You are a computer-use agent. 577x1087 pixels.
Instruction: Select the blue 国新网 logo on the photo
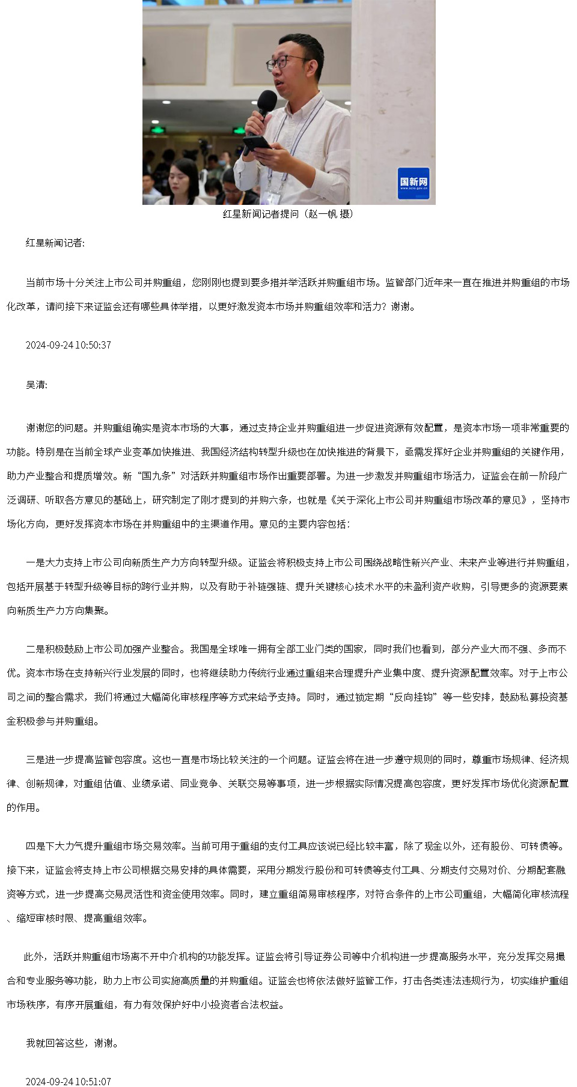(x=414, y=183)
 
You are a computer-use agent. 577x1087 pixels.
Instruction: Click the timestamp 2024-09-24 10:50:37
(x=68, y=345)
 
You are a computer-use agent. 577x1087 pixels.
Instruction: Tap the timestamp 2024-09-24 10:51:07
(x=68, y=1082)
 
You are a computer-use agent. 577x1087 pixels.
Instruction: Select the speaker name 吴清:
(x=36, y=385)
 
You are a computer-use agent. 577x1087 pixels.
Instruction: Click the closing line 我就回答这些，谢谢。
(x=72, y=1043)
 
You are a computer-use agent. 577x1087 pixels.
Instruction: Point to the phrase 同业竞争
(x=199, y=784)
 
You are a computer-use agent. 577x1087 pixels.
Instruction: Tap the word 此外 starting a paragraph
(x=33, y=957)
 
